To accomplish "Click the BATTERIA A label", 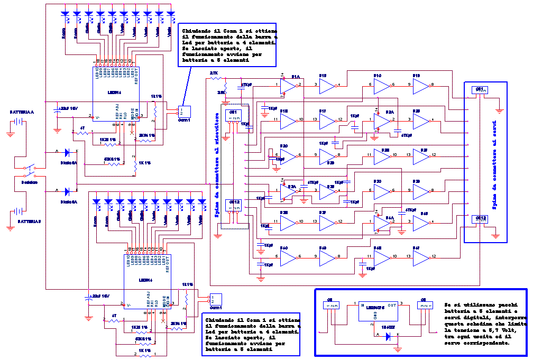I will pyautogui.click(x=21, y=113).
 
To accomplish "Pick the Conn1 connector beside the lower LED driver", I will pyautogui.click(x=216, y=299).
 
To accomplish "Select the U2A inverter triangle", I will pyautogui.click(x=381, y=122).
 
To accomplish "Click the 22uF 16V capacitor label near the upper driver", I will pyautogui.click(x=68, y=108).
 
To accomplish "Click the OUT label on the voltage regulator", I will pyautogui.click(x=392, y=304).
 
